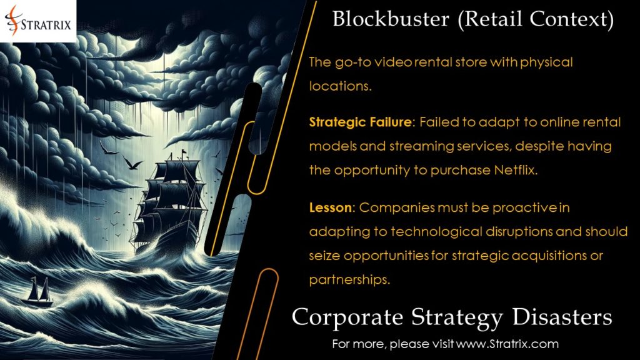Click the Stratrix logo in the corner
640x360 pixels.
click(39, 20)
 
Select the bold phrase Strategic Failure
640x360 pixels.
click(361, 122)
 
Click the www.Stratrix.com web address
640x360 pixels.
click(507, 343)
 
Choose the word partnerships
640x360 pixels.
click(350, 279)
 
